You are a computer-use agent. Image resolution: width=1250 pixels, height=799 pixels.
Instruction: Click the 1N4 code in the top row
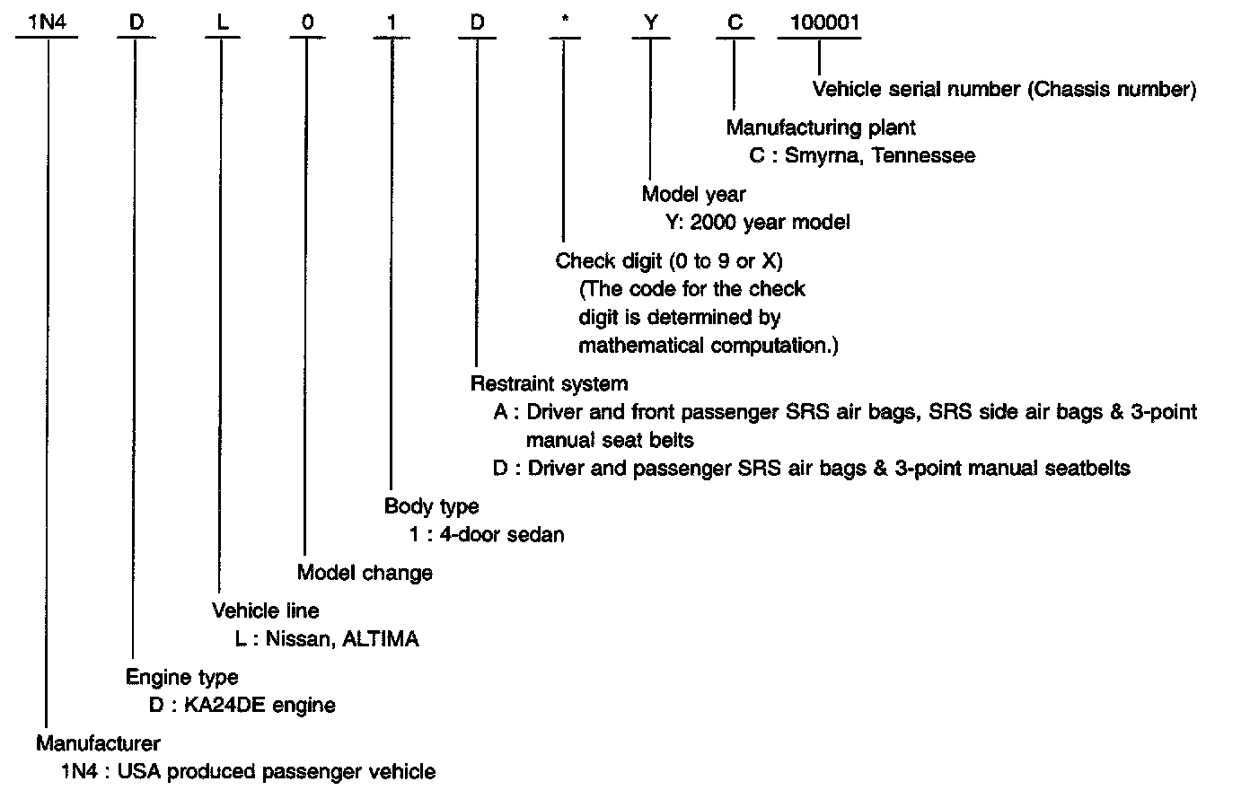[x=46, y=22]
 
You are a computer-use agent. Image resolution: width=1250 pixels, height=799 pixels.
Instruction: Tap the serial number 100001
[x=818, y=22]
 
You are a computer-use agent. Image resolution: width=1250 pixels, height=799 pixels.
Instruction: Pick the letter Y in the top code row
[x=650, y=22]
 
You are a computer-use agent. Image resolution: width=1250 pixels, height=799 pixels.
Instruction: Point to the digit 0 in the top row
[x=307, y=22]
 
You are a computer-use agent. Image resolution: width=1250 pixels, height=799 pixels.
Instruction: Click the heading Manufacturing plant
[x=821, y=127]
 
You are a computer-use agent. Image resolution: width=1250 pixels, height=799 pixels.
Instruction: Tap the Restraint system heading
[x=549, y=384]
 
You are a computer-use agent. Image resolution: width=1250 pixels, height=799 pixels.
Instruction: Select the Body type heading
[x=431, y=506]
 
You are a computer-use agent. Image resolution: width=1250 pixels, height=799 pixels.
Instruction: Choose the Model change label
[x=365, y=573]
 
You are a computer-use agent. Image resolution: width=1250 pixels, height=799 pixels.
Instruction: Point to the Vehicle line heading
[x=265, y=611]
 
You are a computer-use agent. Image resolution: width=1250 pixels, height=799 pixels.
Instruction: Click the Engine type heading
[x=181, y=677]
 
